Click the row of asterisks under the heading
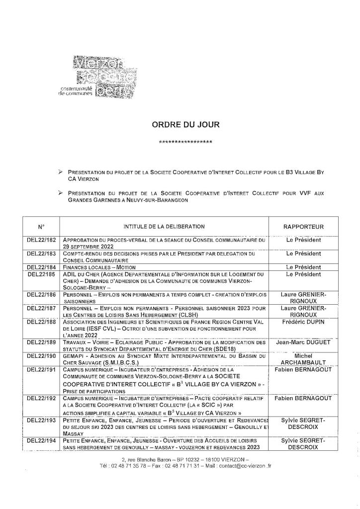[x=185, y=143]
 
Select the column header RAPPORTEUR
[x=303, y=227]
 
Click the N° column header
[x=41, y=227]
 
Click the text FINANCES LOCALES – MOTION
[x=99, y=267]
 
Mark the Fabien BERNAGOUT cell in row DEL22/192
[x=303, y=400]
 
